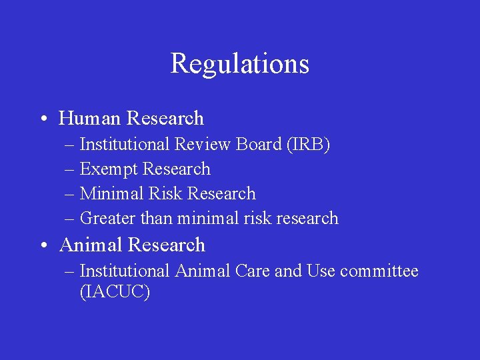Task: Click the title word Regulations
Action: tap(240, 64)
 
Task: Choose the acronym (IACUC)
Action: tap(115, 291)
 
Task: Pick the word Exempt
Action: tap(109, 169)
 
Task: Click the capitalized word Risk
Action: tap(165, 194)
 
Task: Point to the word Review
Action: tap(198, 145)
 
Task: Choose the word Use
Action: tap(321, 271)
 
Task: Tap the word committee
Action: tap(379, 271)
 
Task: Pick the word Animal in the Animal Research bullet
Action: tap(91, 245)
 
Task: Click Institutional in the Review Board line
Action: tap(124, 145)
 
